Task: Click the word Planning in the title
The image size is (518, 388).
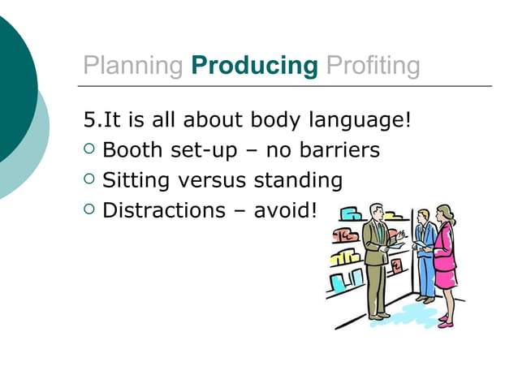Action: (133, 66)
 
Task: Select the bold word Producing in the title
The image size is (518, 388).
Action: (254, 66)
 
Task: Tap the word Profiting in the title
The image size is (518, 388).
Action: (373, 66)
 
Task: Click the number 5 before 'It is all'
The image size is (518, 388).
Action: (90, 121)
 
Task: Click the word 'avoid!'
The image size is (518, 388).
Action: (284, 211)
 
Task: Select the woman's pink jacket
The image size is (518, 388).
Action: (445, 252)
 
